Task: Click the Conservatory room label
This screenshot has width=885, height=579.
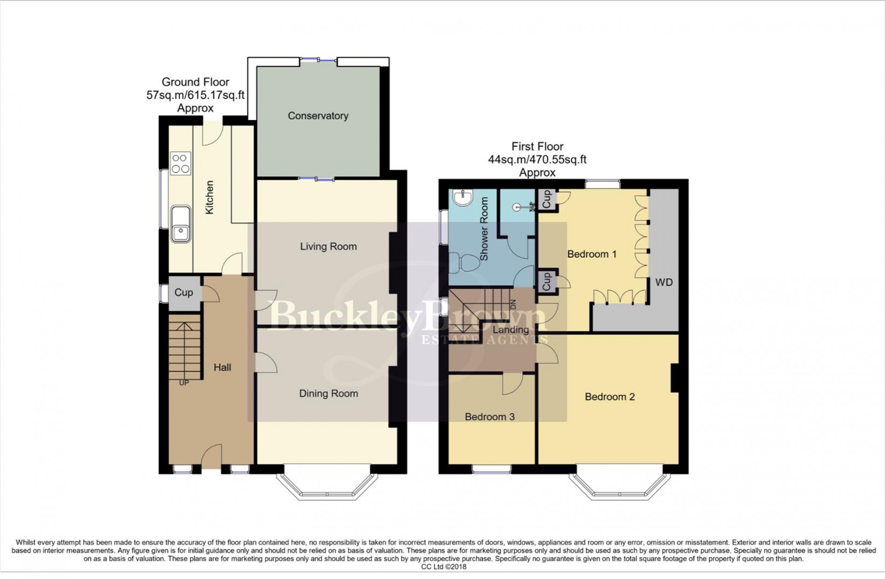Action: pyautogui.click(x=318, y=116)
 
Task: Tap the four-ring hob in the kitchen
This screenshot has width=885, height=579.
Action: pyautogui.click(x=180, y=163)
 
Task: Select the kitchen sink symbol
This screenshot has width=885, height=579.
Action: pyautogui.click(x=180, y=224)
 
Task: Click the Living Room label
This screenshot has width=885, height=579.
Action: pyautogui.click(x=328, y=247)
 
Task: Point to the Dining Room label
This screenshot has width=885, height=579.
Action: pyautogui.click(x=328, y=394)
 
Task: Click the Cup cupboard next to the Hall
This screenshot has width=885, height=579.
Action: pyautogui.click(x=184, y=293)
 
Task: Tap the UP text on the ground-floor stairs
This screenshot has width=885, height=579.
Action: pyautogui.click(x=184, y=383)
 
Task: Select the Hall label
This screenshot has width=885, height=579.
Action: pyautogui.click(x=222, y=368)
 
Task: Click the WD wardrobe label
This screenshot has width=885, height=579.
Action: pyautogui.click(x=664, y=283)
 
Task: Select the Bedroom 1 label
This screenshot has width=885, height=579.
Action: pyautogui.click(x=592, y=254)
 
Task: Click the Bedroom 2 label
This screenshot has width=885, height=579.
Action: pyautogui.click(x=609, y=397)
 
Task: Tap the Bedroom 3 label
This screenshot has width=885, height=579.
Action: pyautogui.click(x=490, y=417)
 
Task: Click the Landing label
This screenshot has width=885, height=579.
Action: pyautogui.click(x=511, y=330)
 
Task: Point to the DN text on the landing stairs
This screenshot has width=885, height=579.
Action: pyautogui.click(x=513, y=305)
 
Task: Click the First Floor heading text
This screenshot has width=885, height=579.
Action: pyautogui.click(x=537, y=147)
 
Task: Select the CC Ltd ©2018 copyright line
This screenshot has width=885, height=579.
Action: pyautogui.click(x=443, y=566)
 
